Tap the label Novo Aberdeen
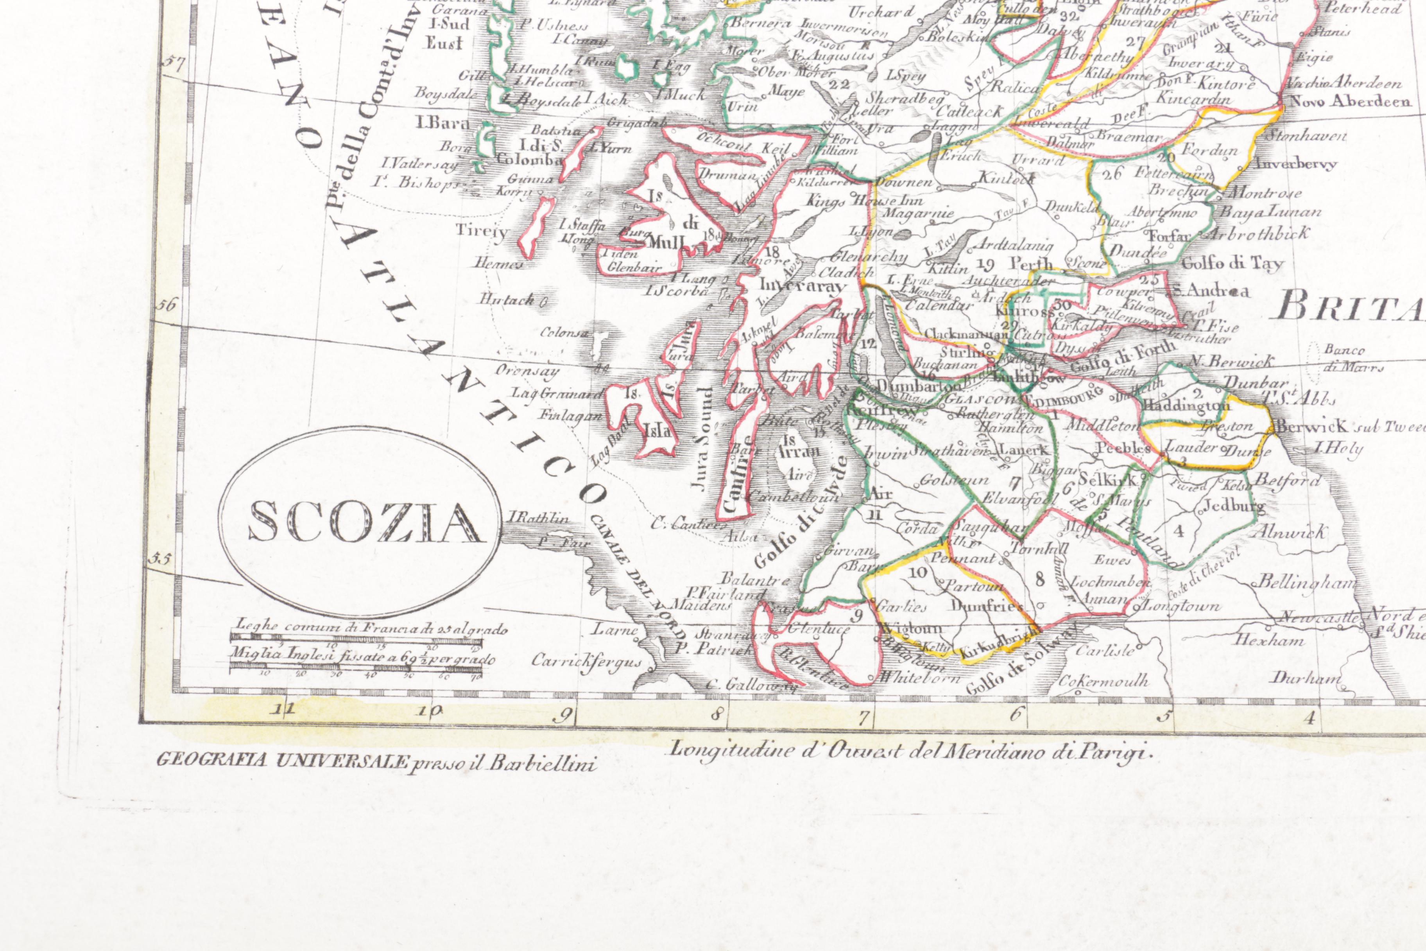[1350, 101]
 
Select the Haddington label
[1185, 405]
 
